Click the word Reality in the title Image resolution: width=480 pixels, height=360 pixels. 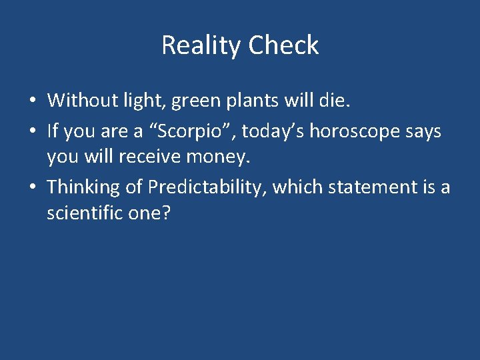click(x=201, y=45)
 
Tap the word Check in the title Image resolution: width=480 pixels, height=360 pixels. click(x=283, y=45)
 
